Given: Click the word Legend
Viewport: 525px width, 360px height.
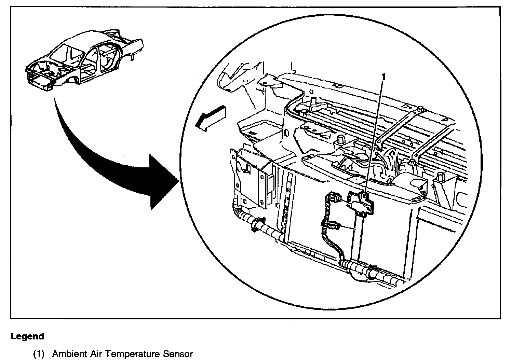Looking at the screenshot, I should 27,336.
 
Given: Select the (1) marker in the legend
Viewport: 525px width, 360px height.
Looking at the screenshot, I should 39,354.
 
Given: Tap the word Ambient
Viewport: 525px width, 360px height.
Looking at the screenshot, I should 69,354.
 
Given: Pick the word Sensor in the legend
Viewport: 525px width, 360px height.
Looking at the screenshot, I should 178,354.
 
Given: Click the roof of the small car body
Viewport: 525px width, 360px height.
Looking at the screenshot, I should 89,41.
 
